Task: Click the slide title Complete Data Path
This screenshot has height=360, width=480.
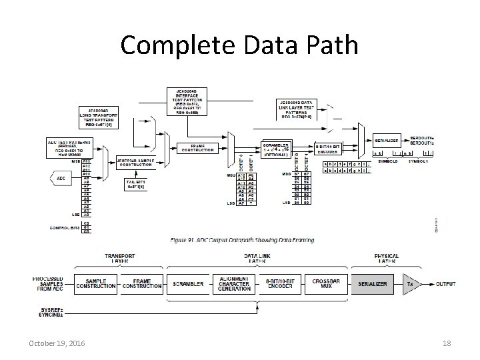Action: pyautogui.click(x=239, y=45)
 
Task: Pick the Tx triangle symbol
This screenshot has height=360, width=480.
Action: pyautogui.click(x=412, y=284)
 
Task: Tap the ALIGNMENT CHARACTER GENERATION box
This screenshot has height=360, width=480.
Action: pyautogui.click(x=233, y=284)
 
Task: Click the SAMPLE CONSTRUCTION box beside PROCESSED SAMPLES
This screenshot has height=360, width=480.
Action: pyautogui.click(x=95, y=284)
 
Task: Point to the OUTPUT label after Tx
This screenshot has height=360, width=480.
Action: pyautogui.click(x=446, y=284)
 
